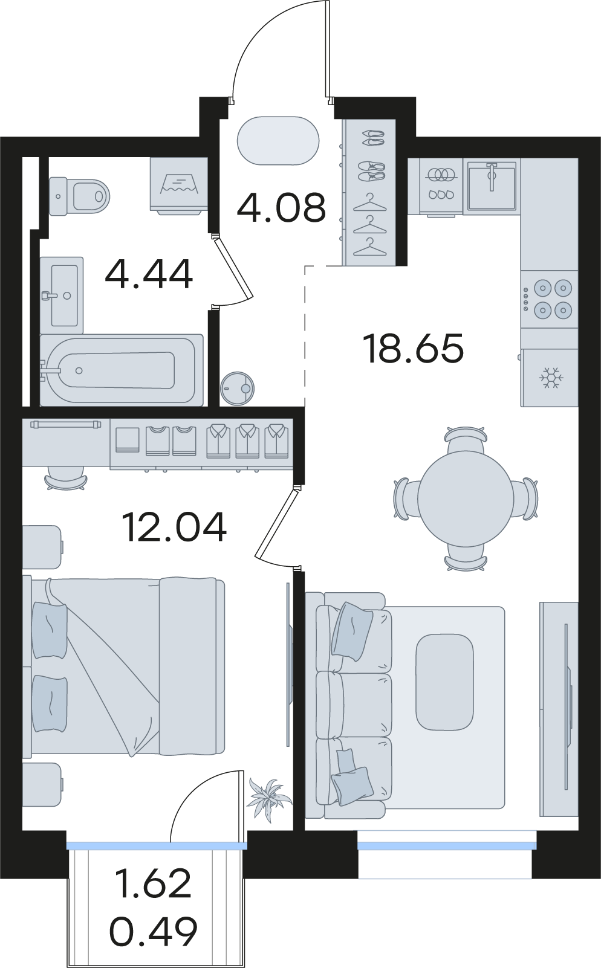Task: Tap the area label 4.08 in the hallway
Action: pos(281,208)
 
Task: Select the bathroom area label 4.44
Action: pos(149,274)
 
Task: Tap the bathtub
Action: pos(122,370)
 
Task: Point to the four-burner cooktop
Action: pos(549,298)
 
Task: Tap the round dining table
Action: pos(465,500)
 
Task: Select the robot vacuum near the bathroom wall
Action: pos(237,388)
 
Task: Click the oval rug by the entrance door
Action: pos(278,141)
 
